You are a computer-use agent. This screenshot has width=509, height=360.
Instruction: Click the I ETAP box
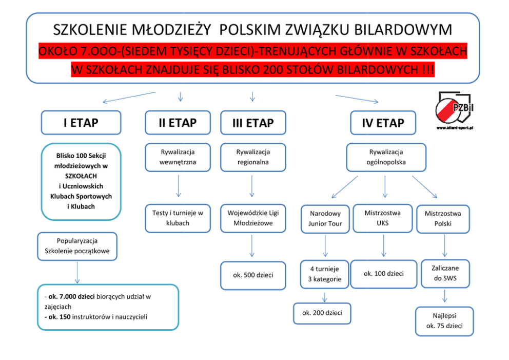81,123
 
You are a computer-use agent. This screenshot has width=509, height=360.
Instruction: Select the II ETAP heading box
178,123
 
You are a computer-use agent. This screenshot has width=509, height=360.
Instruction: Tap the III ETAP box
253,124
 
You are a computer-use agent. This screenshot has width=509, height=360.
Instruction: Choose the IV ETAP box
383,124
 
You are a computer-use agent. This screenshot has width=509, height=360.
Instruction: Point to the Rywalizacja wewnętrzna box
178,157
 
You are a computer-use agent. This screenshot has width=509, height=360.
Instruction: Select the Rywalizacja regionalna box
253,157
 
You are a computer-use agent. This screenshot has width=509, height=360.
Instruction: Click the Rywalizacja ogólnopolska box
386,157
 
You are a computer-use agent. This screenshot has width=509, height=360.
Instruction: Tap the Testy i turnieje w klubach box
178,218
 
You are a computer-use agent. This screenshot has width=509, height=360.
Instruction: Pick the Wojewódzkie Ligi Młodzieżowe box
253,218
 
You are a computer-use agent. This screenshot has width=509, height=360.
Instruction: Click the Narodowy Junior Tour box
325,219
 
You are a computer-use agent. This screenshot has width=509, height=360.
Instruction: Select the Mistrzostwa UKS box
383,218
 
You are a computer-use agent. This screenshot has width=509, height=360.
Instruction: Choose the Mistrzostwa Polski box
443,219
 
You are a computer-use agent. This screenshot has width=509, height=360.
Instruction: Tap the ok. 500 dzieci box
253,275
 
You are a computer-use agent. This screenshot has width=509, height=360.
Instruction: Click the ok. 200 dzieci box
322,313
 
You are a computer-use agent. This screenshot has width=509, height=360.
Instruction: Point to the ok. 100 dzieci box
384,274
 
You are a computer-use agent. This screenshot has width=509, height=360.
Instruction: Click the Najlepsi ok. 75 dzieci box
444,321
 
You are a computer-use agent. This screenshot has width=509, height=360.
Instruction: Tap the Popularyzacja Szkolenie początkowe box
77,246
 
